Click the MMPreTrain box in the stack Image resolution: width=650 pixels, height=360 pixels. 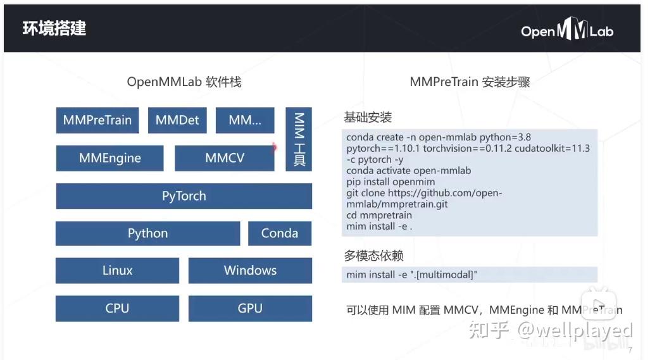(97, 120)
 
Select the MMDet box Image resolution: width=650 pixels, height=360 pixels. (177, 120)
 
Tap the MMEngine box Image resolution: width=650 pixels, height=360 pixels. (109, 158)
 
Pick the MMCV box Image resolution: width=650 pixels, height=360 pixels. (224, 158)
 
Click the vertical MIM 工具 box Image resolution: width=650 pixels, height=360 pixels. (299, 139)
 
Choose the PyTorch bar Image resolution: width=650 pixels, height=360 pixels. (184, 196)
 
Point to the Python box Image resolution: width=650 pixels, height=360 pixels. (147, 233)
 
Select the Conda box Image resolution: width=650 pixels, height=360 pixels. (280, 233)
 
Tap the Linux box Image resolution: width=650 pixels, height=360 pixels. (117, 271)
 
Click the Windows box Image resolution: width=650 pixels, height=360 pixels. (250, 271)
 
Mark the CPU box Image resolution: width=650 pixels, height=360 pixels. (117, 308)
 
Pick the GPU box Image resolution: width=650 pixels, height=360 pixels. (250, 308)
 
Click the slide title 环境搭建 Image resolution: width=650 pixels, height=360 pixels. (54, 28)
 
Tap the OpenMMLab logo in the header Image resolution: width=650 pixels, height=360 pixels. (567, 30)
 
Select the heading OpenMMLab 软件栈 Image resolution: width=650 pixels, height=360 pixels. (184, 82)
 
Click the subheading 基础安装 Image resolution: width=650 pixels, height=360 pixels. (368, 118)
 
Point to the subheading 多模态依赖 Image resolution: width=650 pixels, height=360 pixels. (373, 256)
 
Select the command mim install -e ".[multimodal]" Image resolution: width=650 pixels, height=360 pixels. (411, 275)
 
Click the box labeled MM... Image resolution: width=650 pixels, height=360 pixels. (245, 120)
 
